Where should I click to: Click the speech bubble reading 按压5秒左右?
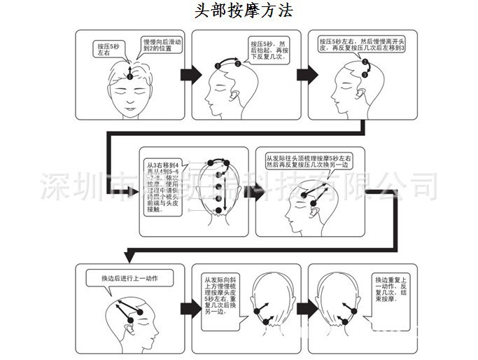(x=109, y=49)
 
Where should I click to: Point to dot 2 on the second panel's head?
(x=239, y=63)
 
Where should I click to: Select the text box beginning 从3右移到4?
(x=162, y=181)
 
